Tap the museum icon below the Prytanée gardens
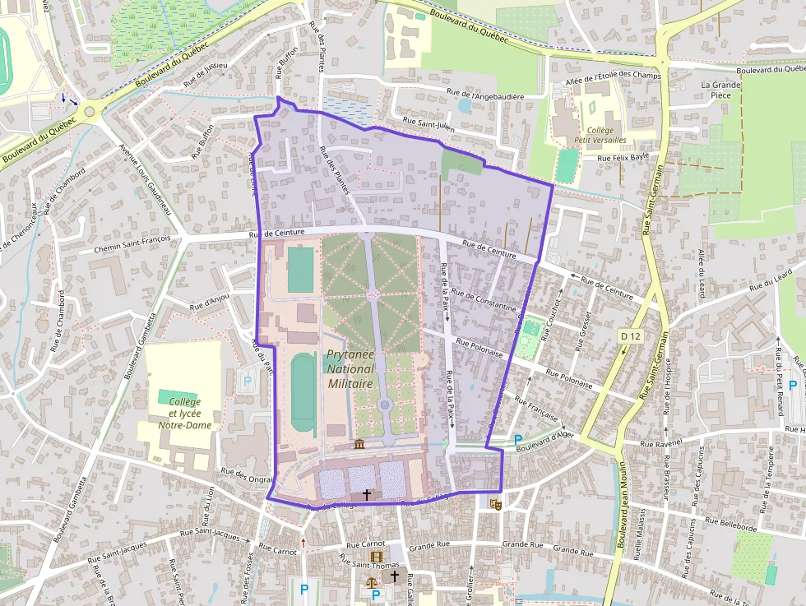tap(359, 445)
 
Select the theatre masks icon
tap(495, 504)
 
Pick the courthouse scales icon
tap(372, 581)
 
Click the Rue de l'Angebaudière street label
tap(484, 96)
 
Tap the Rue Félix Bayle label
tap(623, 156)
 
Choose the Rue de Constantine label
tap(484, 302)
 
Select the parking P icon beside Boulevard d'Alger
tap(517, 440)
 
